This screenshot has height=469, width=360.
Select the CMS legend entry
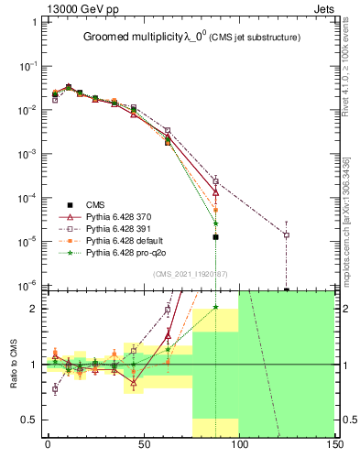(x=95, y=204)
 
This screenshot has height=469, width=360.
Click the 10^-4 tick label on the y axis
(x=27, y=198)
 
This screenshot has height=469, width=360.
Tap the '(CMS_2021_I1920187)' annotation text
(x=191, y=274)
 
